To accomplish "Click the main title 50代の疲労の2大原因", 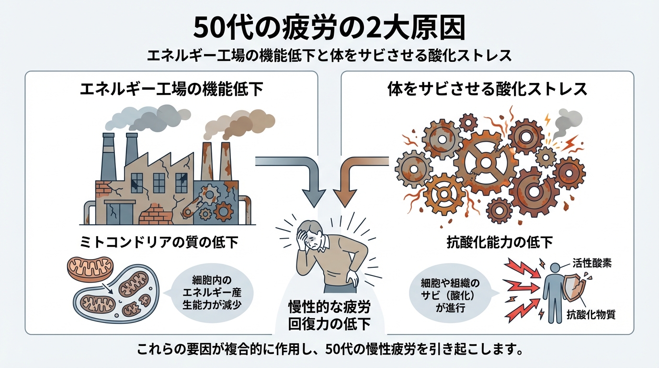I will pyautogui.click(x=329, y=29).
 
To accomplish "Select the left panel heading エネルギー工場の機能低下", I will pyautogui.click(x=172, y=90).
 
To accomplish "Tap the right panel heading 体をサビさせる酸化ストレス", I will pyautogui.click(x=487, y=90).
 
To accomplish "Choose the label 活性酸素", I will pyautogui.click(x=591, y=263).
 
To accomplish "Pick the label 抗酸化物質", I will pyautogui.click(x=591, y=315).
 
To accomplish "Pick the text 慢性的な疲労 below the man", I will pyautogui.click(x=329, y=307).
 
